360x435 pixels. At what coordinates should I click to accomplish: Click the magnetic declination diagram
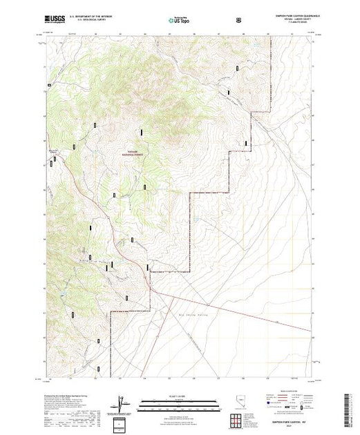[122, 401]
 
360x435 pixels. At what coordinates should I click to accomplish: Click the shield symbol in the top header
[240, 21]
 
